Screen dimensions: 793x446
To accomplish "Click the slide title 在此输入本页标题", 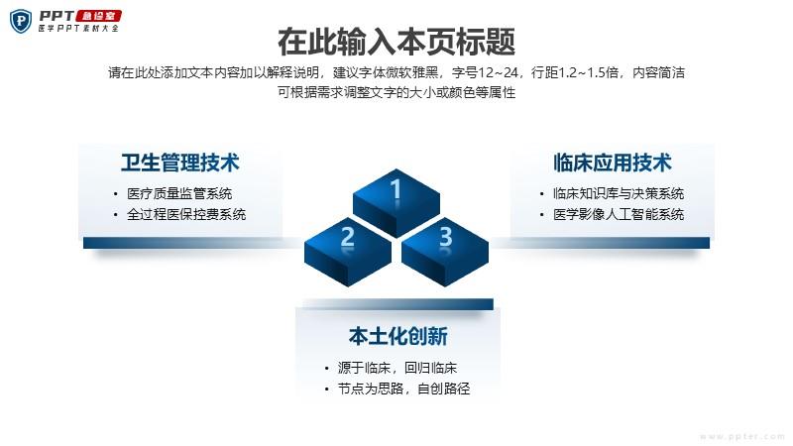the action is (396, 42).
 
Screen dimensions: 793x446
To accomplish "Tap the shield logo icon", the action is (21, 21).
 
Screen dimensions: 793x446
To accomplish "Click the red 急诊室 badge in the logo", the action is (99, 16).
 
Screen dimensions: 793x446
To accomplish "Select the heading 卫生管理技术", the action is (180, 163).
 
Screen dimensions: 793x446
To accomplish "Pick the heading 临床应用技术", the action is (613, 163).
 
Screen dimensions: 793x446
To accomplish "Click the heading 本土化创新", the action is (398, 336).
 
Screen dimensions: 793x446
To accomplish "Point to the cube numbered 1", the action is (396, 203).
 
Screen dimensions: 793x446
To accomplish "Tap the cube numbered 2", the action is (348, 252).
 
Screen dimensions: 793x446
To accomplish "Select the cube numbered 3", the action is (445, 252).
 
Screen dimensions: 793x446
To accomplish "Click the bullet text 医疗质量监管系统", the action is (179, 193).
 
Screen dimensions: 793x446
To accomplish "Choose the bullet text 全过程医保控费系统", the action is (186, 214).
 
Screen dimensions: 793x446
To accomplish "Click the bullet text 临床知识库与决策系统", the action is (619, 193).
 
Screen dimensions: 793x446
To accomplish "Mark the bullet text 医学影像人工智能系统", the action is (619, 214).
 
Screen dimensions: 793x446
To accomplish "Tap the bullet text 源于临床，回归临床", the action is (397, 368).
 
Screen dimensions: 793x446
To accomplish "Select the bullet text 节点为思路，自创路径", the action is (404, 389).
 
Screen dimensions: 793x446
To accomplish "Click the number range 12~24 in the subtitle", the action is (499, 72).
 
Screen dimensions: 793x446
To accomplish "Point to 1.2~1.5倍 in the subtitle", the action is (589, 72).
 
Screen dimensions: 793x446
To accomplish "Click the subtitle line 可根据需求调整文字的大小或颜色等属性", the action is (396, 92).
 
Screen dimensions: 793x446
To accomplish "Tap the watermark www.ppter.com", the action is (741, 436).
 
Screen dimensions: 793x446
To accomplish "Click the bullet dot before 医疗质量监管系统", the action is (116, 194).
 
